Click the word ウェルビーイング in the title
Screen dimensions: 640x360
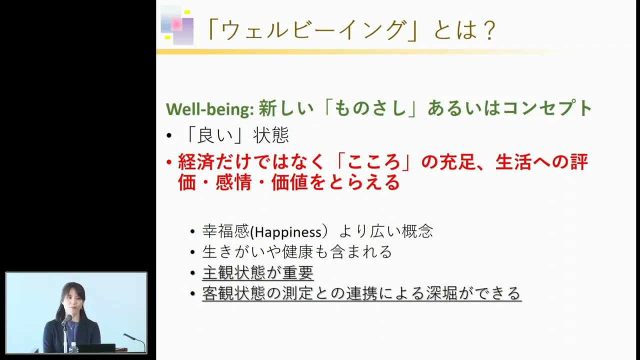click(x=313, y=30)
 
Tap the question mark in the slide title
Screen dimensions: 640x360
click(x=487, y=30)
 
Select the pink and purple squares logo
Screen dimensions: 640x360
click(x=177, y=25)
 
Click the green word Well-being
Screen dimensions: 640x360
click(x=210, y=109)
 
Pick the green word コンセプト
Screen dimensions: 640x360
click(x=547, y=108)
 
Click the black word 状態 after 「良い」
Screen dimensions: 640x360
click(x=271, y=135)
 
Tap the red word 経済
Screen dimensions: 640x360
click(x=196, y=162)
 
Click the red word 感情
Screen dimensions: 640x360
click(x=233, y=182)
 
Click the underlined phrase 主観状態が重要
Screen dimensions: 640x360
click(x=257, y=272)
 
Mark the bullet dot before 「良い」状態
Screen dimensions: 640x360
click(x=169, y=135)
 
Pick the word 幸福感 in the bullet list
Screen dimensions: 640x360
click(x=225, y=231)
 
